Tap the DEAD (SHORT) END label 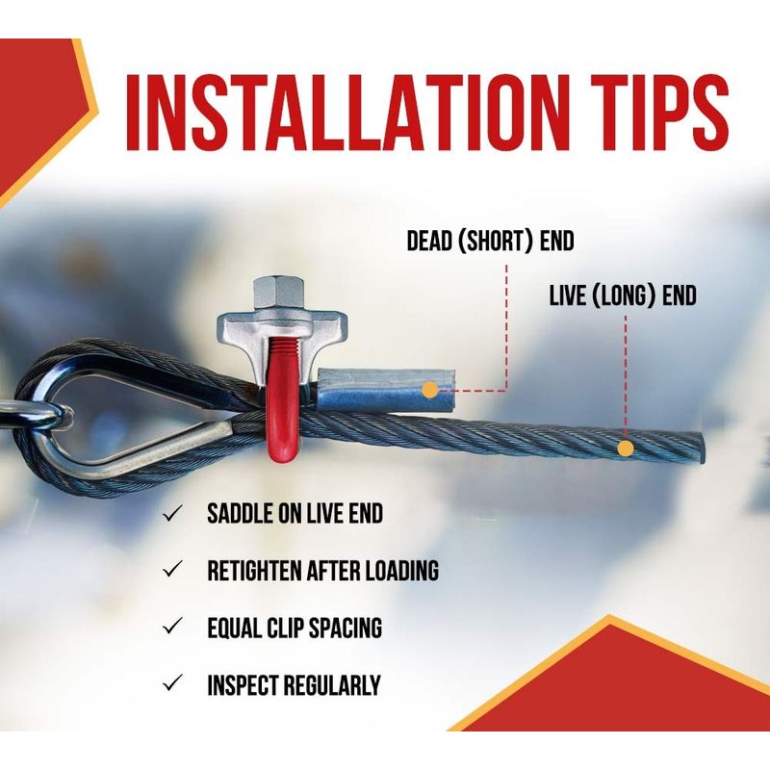[x=490, y=242]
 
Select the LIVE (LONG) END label [x=623, y=296]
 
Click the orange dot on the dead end [x=430, y=391]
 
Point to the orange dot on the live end [x=625, y=449]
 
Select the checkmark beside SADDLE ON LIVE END [x=172, y=514]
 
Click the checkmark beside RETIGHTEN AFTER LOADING [x=172, y=570]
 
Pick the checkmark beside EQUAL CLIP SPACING [x=172, y=627]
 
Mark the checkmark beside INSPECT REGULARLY [x=172, y=683]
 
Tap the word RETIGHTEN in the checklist [x=254, y=571]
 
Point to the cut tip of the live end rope [x=701, y=448]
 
